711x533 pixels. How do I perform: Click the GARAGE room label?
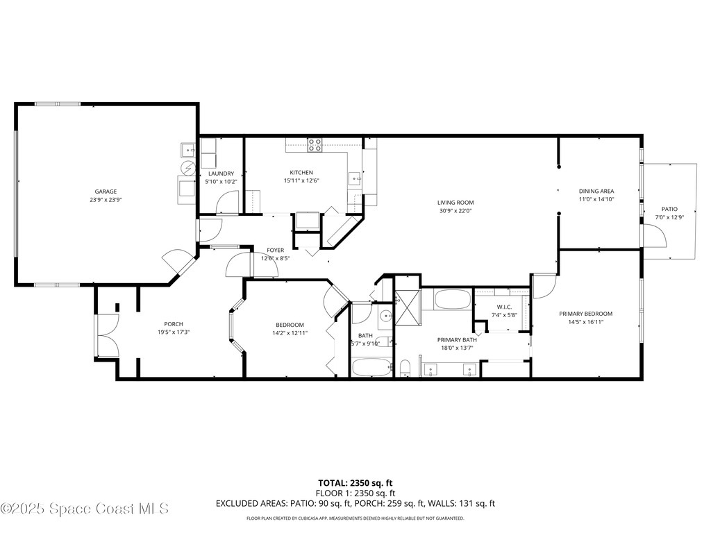click(106, 192)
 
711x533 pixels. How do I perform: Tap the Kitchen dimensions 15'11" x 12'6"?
click(301, 180)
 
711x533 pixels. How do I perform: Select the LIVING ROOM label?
click(455, 203)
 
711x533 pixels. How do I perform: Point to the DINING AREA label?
click(596, 192)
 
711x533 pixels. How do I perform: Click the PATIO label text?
click(669, 209)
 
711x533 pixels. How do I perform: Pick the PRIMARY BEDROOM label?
click(585, 314)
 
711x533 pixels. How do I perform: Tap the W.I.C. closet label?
click(504, 307)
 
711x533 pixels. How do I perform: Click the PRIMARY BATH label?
click(457, 340)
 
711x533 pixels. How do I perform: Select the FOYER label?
click(275, 250)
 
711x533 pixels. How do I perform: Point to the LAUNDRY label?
click(221, 174)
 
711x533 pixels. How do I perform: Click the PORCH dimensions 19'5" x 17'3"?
click(174, 332)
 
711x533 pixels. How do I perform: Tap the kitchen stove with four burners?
click(315, 144)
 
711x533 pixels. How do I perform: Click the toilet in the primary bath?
click(405, 368)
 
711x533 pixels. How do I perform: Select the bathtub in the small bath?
click(372, 368)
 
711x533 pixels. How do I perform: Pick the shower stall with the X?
click(408, 307)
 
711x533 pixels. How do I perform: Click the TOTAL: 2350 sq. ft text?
click(355, 483)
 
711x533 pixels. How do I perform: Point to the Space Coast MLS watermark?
click(85, 509)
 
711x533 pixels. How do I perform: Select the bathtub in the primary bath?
click(452, 300)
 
